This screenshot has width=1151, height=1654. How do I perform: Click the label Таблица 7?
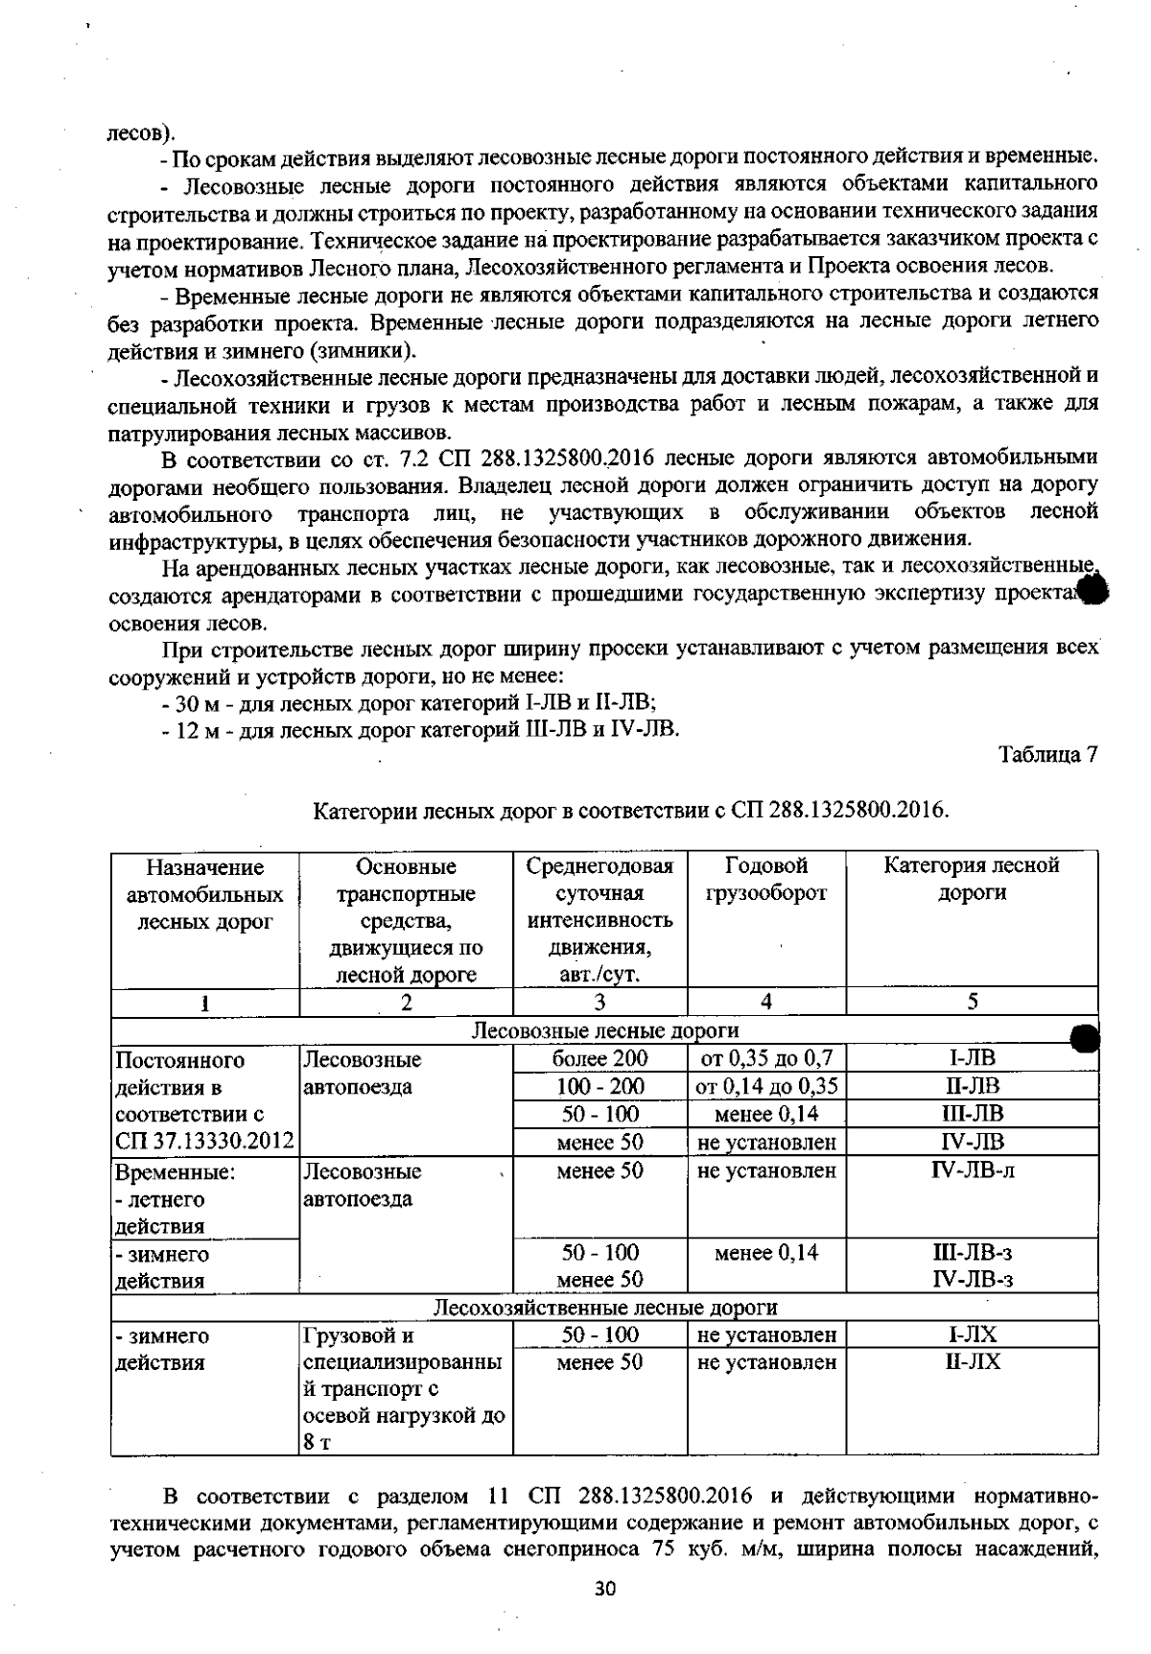tap(1047, 755)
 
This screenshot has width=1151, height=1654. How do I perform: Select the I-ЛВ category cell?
tap(972, 1058)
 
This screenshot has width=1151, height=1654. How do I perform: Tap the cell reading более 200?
tap(600, 1058)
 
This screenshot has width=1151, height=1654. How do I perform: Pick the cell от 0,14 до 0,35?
tap(766, 1086)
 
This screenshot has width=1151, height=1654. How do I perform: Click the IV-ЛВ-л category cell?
tap(972, 1170)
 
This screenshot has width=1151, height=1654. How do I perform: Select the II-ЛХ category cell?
tap(972, 1361)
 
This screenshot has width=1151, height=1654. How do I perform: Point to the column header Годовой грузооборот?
tap(766, 880)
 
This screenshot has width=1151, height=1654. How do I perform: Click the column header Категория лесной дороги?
tap(972, 879)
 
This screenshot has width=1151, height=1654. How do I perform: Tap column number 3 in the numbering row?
tap(599, 1003)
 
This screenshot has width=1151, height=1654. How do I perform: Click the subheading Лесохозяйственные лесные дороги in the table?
tap(604, 1307)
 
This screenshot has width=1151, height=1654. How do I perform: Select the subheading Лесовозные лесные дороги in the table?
tap(604, 1030)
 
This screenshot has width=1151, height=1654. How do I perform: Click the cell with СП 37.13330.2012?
tap(204, 1142)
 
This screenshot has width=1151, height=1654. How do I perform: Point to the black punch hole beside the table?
tap(1084, 1037)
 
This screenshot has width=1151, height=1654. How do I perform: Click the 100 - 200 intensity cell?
tap(600, 1086)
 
